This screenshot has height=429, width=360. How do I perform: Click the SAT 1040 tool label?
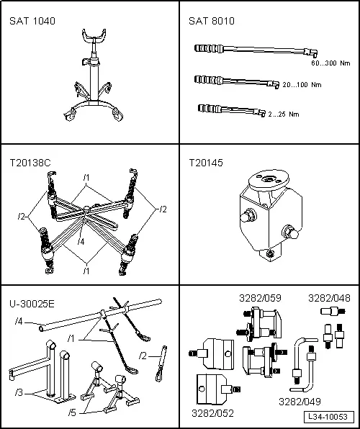click(x=32, y=21)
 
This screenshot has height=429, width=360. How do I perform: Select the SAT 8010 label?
click(x=212, y=21)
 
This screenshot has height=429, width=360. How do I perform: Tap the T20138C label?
click(x=30, y=163)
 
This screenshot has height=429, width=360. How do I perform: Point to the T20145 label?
click(x=206, y=163)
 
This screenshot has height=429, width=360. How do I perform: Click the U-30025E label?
click(x=32, y=304)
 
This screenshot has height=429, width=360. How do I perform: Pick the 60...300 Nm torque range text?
click(x=330, y=63)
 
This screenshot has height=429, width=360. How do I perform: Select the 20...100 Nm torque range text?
click(x=302, y=85)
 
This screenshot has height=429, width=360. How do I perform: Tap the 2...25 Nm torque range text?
click(x=284, y=114)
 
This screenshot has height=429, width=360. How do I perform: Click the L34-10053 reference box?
click(x=329, y=417)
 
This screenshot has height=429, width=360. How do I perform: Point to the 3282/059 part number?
click(x=260, y=298)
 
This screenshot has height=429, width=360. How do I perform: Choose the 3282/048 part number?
click(x=329, y=298)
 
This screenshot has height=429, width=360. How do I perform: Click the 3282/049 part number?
click(x=300, y=402)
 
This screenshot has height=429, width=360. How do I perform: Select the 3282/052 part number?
click(x=212, y=413)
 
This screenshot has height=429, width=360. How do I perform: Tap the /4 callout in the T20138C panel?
click(x=81, y=242)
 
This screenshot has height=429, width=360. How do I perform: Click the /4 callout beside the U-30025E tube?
click(x=19, y=321)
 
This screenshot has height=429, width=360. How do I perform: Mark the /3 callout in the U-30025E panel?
click(x=19, y=393)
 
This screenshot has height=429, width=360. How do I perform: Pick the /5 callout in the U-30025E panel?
click(x=72, y=412)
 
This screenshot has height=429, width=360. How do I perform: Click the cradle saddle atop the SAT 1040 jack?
click(x=94, y=35)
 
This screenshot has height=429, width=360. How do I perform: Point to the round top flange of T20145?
click(x=269, y=179)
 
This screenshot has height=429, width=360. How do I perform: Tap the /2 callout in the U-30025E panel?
click(x=143, y=356)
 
